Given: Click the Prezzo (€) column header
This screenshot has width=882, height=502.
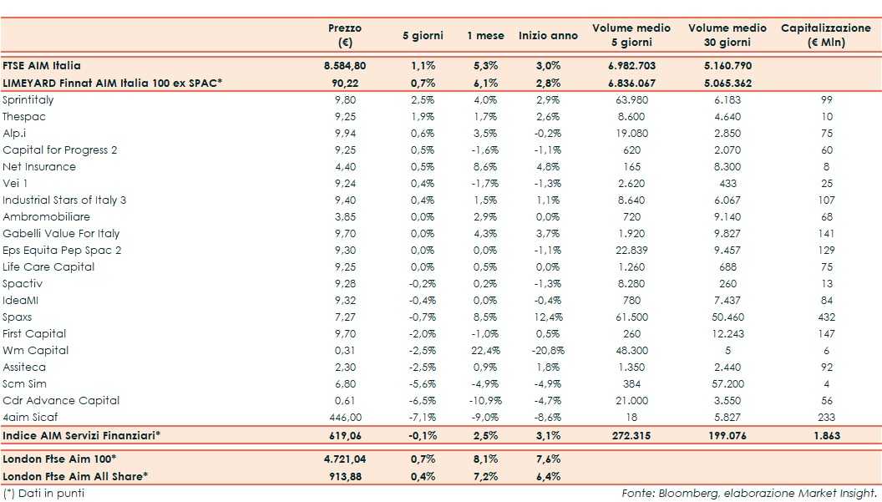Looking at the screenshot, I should click(x=345, y=36).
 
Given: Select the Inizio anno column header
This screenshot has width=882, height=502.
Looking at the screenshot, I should click(x=547, y=36).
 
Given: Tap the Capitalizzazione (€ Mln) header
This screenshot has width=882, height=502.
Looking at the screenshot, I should click(x=825, y=36).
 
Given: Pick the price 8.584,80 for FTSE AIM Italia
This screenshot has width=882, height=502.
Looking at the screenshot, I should click(x=345, y=65).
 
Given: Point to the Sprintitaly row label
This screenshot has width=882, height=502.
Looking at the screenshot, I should click(x=28, y=99).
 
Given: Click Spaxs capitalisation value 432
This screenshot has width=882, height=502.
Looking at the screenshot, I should click(x=825, y=317).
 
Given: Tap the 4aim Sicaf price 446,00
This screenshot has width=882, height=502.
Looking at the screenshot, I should click(x=345, y=417).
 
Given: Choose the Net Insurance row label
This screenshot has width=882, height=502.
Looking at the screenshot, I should click(x=39, y=166).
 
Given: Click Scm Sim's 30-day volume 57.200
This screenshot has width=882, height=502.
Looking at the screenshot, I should click(x=727, y=383).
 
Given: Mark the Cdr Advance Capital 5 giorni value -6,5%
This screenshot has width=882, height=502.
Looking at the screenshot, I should click(x=423, y=400).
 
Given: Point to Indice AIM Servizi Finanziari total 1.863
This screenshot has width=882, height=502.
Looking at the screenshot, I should click(x=825, y=435).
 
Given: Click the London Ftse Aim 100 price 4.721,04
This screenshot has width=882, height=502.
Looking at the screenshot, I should click(x=345, y=459).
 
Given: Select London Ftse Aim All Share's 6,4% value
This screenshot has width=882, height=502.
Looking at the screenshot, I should click(x=547, y=476).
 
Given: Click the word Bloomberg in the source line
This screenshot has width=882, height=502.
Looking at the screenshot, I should click(x=679, y=493).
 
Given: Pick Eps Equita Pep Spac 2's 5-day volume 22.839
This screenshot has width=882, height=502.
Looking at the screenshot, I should click(x=631, y=250).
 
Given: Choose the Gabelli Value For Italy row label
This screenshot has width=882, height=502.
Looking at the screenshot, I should click(x=61, y=233).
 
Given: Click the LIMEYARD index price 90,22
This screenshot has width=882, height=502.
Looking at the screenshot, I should click(x=345, y=82).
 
